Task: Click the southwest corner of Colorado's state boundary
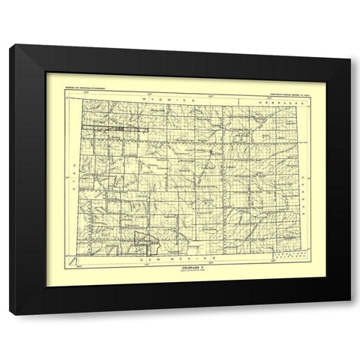tap(81, 253)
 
